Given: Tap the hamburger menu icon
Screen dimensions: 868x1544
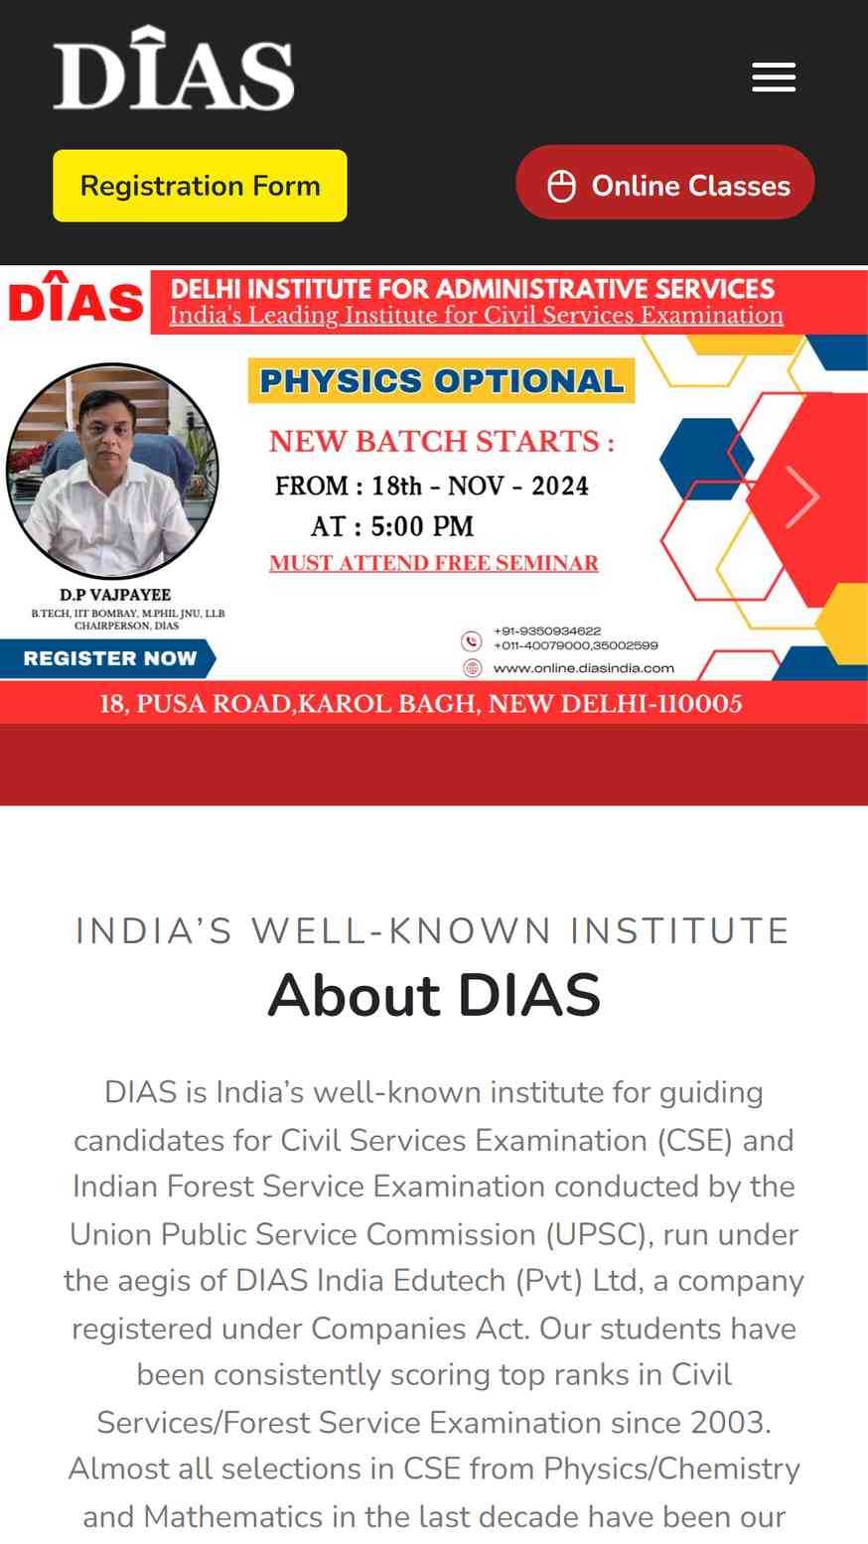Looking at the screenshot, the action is click(x=774, y=76).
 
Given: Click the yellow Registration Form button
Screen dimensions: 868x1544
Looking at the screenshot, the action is click(x=200, y=186).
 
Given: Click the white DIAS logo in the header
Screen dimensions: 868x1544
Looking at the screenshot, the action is click(x=174, y=68).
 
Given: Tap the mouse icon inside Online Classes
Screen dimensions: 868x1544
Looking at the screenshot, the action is click(x=561, y=186).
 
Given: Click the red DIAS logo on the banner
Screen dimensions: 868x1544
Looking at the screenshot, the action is click(x=75, y=298).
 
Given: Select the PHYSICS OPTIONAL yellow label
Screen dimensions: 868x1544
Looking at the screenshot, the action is click(x=441, y=380).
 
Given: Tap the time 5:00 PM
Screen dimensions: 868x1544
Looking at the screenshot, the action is click(x=422, y=526).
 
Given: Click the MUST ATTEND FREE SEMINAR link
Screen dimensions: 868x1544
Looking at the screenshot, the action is click(x=434, y=563).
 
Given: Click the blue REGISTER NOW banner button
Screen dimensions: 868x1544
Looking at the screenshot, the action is click(x=108, y=658).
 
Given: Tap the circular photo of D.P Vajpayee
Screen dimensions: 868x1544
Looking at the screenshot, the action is click(x=112, y=471).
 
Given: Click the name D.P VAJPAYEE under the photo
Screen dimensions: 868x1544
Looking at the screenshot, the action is click(x=115, y=595).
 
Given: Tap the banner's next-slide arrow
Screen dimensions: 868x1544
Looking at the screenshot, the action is click(x=801, y=496).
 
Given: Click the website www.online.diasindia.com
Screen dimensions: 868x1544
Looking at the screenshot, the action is click(x=583, y=668).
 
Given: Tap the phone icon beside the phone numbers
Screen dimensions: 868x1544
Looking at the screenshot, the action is click(x=472, y=641).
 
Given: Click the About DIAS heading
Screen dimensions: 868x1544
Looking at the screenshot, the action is click(x=434, y=995).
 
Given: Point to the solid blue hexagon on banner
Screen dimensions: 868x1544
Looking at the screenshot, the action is click(x=707, y=459).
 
